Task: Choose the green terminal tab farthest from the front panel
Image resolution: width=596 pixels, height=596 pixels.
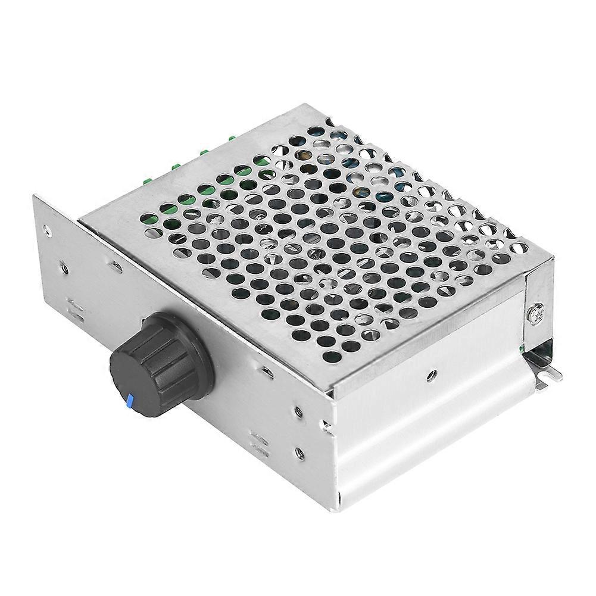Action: point(231,138)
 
